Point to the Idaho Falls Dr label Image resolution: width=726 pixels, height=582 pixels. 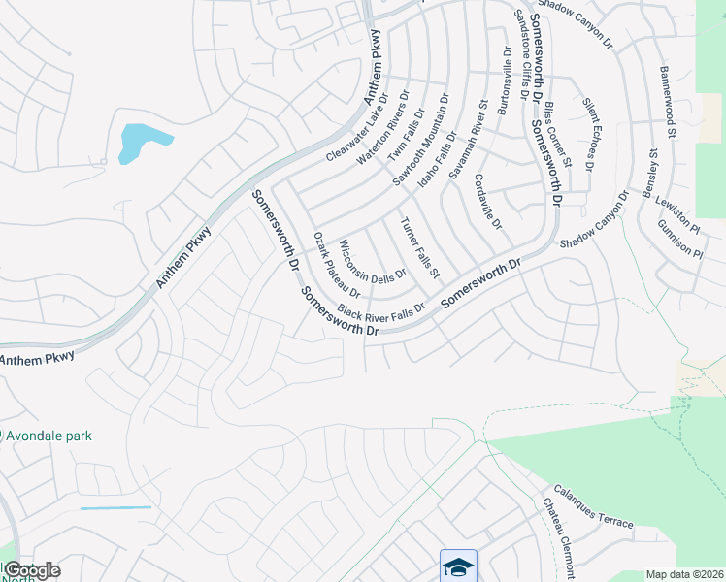pyautogui.click(x=436, y=162)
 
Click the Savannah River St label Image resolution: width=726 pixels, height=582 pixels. pyautogui.click(x=467, y=140)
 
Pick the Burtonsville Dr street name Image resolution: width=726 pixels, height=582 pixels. pyautogui.click(x=504, y=82)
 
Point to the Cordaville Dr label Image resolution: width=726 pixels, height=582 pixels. pyautogui.click(x=488, y=202)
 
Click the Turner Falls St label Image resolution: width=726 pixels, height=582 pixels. pyautogui.click(x=421, y=244)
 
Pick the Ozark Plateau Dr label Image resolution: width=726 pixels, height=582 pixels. pyautogui.click(x=337, y=265)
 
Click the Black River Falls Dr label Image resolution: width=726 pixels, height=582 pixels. pyautogui.click(x=381, y=310)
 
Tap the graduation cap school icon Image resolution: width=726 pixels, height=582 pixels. pyautogui.click(x=458, y=565)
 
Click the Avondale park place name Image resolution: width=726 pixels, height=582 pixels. pyautogui.click(x=49, y=436)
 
